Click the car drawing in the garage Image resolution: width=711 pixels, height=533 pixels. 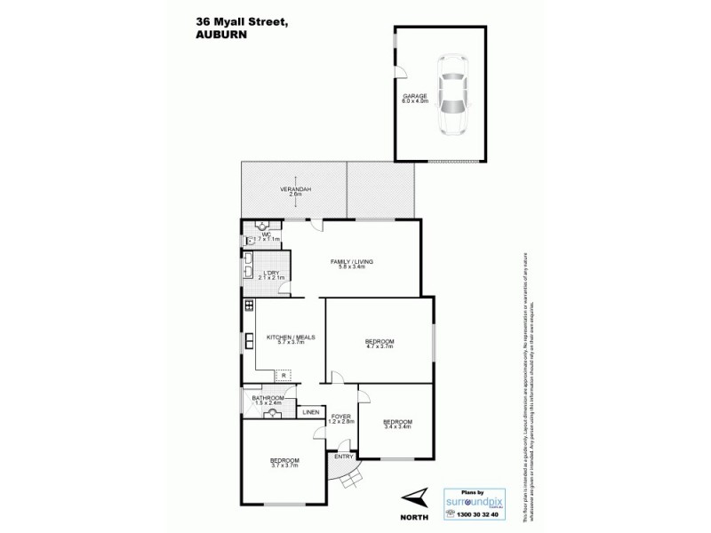[x=452, y=94]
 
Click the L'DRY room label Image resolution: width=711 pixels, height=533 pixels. [x=269, y=274]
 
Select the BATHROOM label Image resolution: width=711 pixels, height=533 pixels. [x=268, y=398]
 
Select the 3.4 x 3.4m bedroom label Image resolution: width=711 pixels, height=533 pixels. [x=396, y=423]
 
